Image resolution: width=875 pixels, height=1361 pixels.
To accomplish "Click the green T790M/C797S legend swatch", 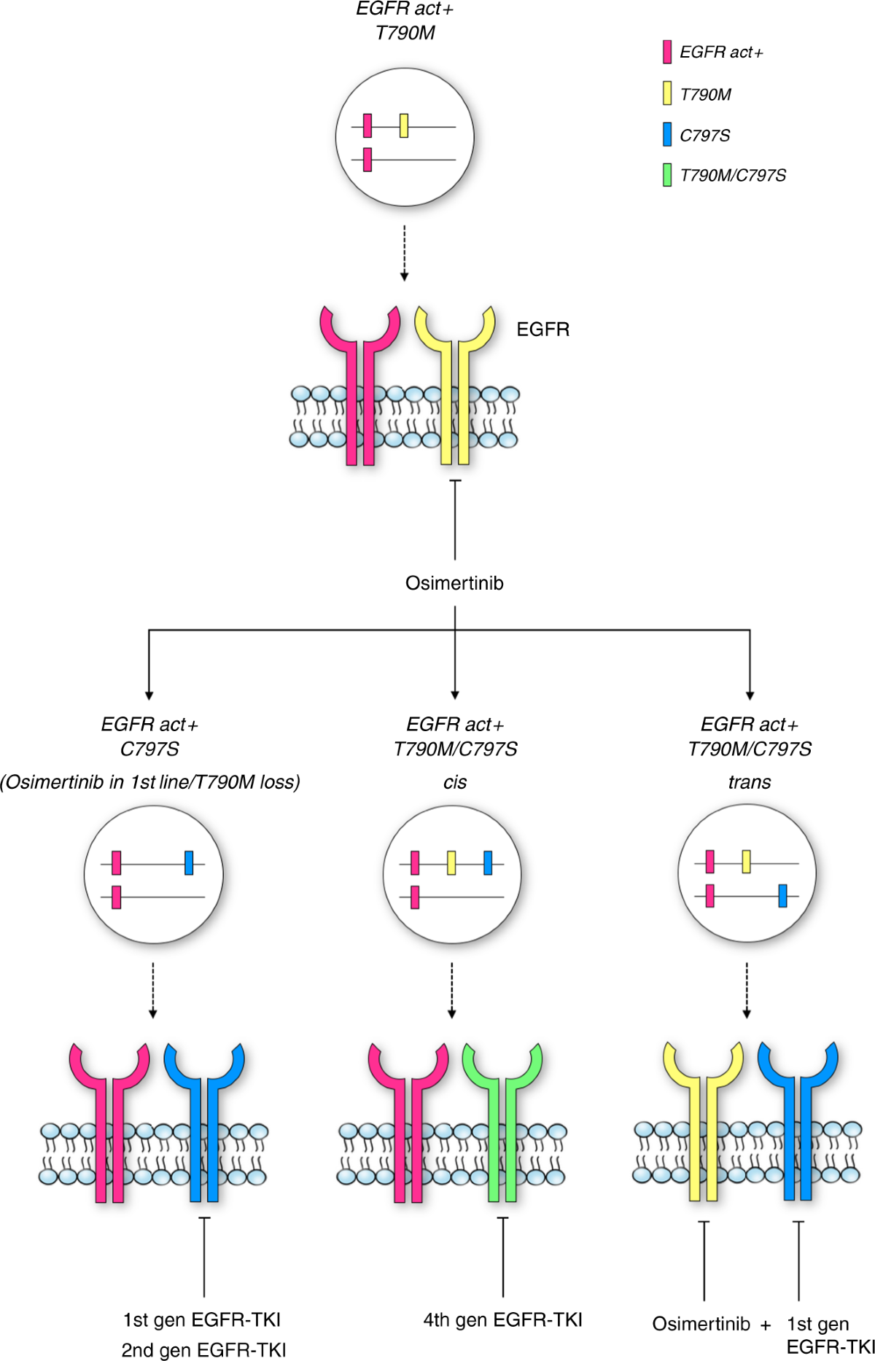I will click(x=666, y=175).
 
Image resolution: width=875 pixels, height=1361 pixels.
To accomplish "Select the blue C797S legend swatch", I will click(x=666, y=135).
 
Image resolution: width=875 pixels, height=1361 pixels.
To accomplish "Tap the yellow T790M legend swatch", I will click(x=666, y=93).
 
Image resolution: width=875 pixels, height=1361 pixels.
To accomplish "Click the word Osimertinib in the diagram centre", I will click(x=454, y=583).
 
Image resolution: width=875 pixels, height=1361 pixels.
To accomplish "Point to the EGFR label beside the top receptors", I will click(x=542, y=329).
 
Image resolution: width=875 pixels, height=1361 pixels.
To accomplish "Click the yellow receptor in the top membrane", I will click(x=455, y=379).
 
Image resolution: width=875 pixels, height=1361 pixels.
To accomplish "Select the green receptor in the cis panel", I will click(x=502, y=1115).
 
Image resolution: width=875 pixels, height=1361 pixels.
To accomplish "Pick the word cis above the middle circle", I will click(x=454, y=782).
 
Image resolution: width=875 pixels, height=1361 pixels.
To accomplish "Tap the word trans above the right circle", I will click(x=749, y=782).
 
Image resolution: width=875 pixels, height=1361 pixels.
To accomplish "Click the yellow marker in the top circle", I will click(x=404, y=125).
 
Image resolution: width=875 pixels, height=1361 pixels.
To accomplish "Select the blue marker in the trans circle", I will click(x=782, y=894).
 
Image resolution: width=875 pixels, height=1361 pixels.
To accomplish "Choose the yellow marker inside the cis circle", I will click(x=451, y=862).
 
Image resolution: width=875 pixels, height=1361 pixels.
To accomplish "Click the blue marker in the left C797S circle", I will click(x=189, y=862).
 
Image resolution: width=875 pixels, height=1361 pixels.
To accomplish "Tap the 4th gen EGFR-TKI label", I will click(x=502, y=1320).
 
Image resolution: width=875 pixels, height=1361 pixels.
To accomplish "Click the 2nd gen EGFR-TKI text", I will click(x=203, y=1350).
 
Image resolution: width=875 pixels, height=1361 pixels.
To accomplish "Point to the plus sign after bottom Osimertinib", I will click(x=765, y=1325).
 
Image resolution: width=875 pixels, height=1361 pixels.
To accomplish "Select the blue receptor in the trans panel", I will click(x=798, y=1115).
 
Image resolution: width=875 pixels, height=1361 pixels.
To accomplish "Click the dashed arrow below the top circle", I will click(x=404, y=252).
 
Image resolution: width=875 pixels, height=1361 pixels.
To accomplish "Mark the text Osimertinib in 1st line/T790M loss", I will click(x=150, y=782).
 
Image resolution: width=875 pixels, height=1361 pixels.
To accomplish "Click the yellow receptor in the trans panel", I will click(x=703, y=1115).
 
